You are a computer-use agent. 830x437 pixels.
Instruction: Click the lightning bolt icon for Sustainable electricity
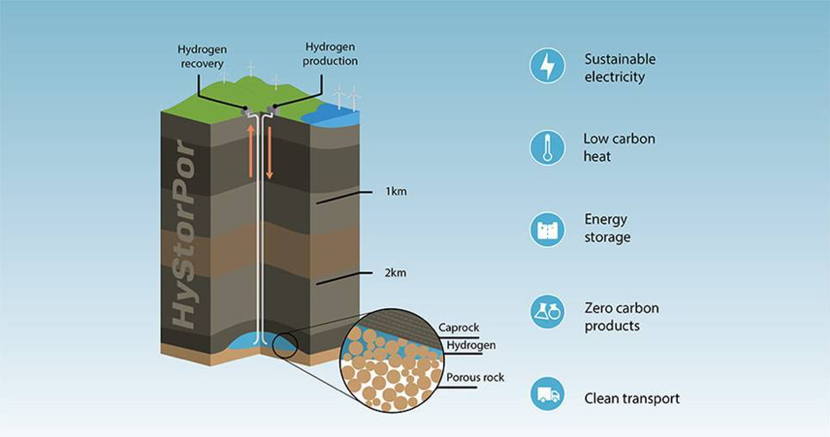547,67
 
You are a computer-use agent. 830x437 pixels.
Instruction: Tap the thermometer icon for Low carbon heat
547,147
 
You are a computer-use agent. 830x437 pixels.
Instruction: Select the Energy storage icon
547,229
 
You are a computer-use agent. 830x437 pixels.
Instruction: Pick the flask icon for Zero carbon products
547,312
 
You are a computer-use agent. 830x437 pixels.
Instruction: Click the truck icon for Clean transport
547,394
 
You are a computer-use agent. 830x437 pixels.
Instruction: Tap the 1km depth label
396,192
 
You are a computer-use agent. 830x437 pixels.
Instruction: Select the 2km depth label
396,274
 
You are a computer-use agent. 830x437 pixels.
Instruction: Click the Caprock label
459,328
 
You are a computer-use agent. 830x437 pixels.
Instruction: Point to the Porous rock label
476,377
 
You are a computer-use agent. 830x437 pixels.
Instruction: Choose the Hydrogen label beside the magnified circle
471,345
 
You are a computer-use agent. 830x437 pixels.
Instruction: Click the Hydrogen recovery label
202,57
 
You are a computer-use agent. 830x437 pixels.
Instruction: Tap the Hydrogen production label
330,54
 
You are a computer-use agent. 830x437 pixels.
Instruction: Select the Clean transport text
632,398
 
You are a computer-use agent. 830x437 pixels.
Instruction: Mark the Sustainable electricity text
620,68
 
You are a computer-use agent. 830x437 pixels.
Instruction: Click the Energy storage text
607,228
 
